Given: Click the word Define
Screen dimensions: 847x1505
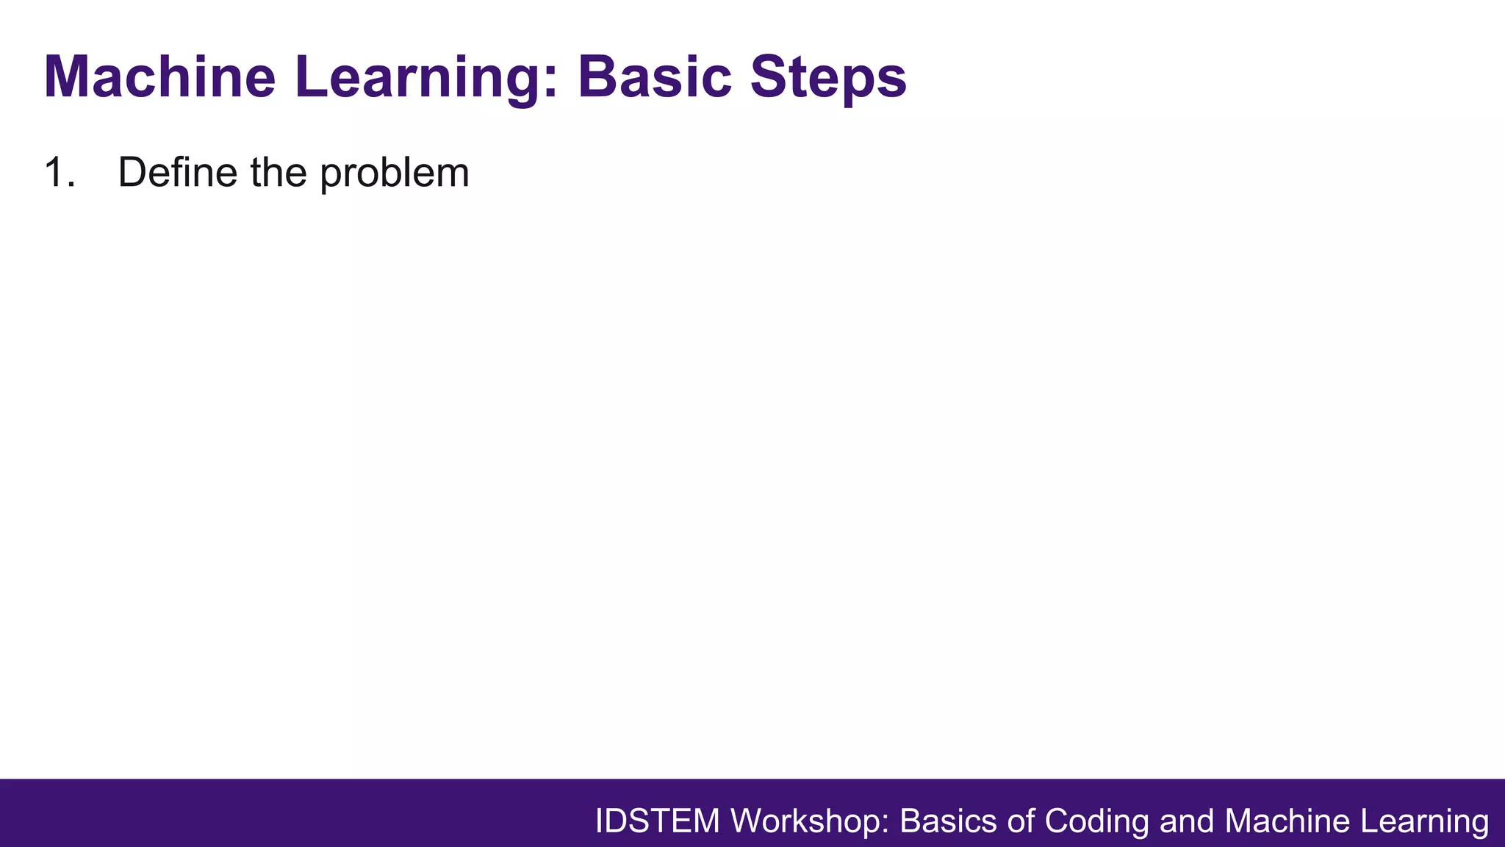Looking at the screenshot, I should [x=177, y=173].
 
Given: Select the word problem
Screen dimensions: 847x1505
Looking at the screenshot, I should [x=395, y=173].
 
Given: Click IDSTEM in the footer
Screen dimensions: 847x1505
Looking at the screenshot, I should [x=657, y=821].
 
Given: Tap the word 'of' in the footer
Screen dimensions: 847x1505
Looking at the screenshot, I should [x=1021, y=821].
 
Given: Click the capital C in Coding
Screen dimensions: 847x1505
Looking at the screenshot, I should [x=1056, y=821].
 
